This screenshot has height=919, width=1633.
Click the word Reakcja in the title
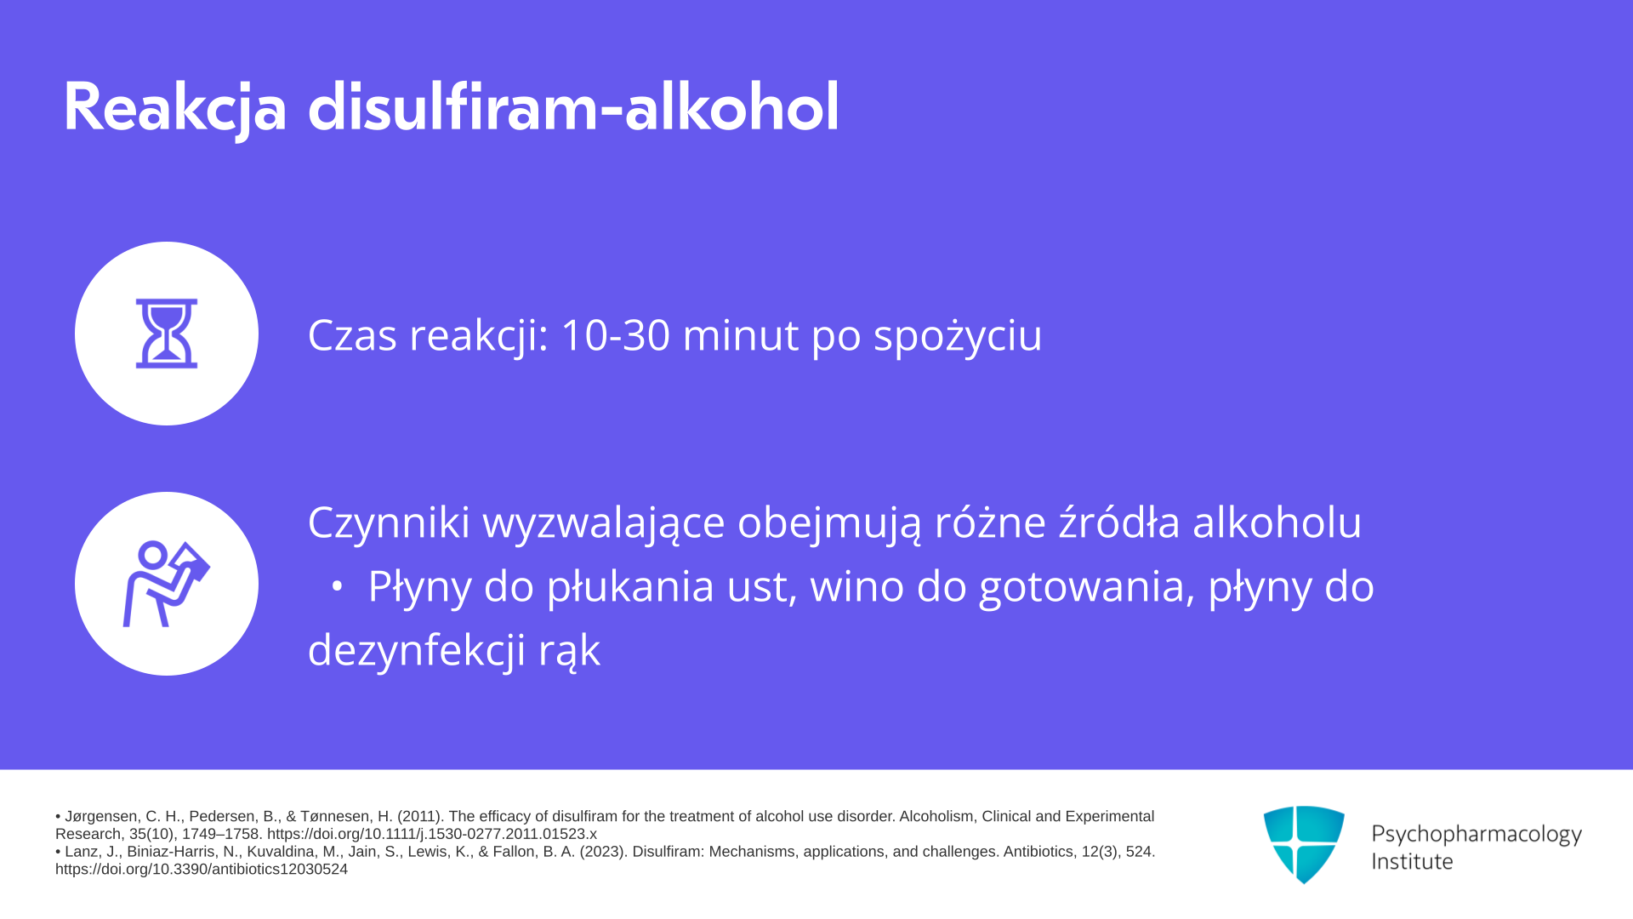(x=175, y=109)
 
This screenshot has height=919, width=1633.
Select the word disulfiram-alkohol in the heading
(x=573, y=107)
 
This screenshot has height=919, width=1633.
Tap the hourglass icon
(x=167, y=334)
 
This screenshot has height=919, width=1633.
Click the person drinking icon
(x=167, y=584)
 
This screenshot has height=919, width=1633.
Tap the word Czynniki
(x=389, y=523)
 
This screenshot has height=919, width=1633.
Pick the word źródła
(x=1119, y=522)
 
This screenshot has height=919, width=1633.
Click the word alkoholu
(x=1277, y=522)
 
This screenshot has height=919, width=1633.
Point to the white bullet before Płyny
(x=337, y=587)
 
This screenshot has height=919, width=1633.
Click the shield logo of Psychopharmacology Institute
(x=1304, y=844)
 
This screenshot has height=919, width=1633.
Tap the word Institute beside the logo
(x=1412, y=862)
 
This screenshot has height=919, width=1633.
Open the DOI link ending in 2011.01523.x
(x=432, y=834)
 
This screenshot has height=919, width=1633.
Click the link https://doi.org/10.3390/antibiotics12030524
(x=202, y=870)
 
